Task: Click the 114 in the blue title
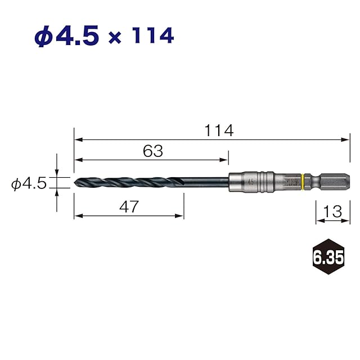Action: [154, 35]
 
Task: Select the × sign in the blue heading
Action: [115, 38]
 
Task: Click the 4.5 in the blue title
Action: [78, 35]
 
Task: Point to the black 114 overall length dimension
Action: [219, 130]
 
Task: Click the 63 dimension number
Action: [153, 151]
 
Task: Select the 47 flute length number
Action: [129, 206]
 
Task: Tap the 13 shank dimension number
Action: [332, 211]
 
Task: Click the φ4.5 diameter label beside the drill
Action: [29, 183]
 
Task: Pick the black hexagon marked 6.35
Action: [328, 256]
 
